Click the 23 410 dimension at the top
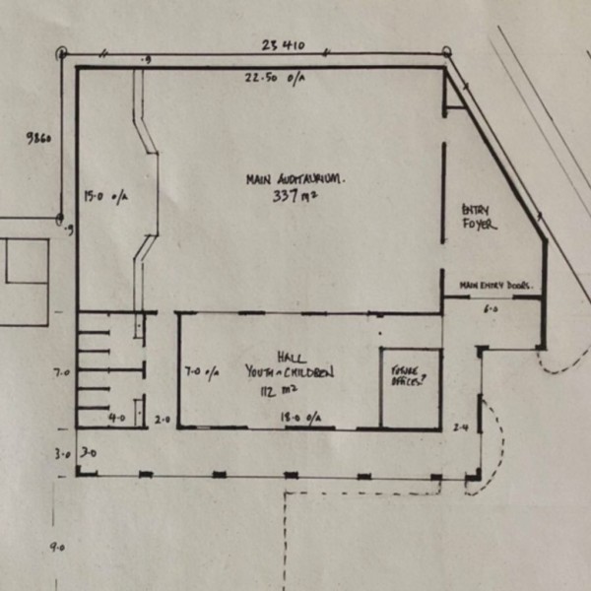[283, 44]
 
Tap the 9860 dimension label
[39, 139]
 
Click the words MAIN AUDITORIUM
[296, 178]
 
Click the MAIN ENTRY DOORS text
[496, 286]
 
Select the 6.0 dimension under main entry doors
[490, 308]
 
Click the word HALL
[291, 357]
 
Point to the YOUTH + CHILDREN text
[290, 372]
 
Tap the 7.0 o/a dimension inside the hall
[205, 372]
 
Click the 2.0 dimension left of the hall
[164, 419]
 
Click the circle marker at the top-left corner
[62, 53]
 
